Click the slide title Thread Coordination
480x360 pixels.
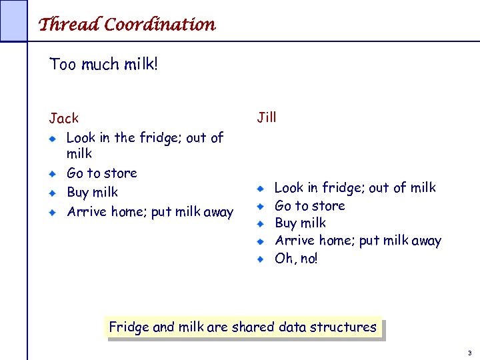(127, 25)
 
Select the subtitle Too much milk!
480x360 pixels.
(103, 65)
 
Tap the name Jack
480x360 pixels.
(64, 119)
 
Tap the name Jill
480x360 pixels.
(267, 118)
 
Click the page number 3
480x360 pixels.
(469, 352)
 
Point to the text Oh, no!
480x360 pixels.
(296, 258)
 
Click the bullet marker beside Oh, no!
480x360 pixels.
(263, 259)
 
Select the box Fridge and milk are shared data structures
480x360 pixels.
(243, 327)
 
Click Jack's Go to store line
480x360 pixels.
(101, 173)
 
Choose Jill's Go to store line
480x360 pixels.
(309, 206)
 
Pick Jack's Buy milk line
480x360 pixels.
(92, 193)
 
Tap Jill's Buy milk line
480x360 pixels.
(300, 223)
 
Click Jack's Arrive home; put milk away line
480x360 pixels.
(150, 213)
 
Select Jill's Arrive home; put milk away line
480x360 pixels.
(358, 241)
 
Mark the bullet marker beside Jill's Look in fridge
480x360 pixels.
(263, 189)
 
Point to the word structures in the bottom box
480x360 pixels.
(345, 327)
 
